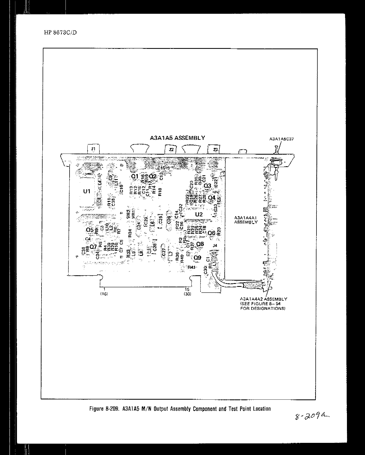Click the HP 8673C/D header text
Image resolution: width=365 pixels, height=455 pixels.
tap(60, 33)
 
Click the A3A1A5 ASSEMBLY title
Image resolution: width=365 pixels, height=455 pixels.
tap(177, 138)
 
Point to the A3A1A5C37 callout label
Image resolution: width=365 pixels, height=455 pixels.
tap(281, 139)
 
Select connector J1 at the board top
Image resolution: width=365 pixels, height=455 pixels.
tap(93, 149)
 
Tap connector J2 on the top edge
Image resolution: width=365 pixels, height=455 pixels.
tap(171, 149)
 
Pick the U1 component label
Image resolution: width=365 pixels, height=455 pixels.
tap(87, 191)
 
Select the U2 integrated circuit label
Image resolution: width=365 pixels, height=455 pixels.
tap(199, 215)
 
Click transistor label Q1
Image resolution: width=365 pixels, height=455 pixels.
tap(135, 176)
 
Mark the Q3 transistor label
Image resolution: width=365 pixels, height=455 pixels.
tap(208, 186)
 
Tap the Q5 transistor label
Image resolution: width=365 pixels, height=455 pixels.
tap(90, 230)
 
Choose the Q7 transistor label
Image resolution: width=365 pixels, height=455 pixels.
tap(93, 247)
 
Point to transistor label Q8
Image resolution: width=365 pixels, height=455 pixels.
tap(200, 244)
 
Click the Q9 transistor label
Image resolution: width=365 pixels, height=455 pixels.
tap(198, 258)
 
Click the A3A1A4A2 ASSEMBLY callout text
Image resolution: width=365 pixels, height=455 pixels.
tap(263, 299)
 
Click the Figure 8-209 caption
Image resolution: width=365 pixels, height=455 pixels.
tap(180, 409)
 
